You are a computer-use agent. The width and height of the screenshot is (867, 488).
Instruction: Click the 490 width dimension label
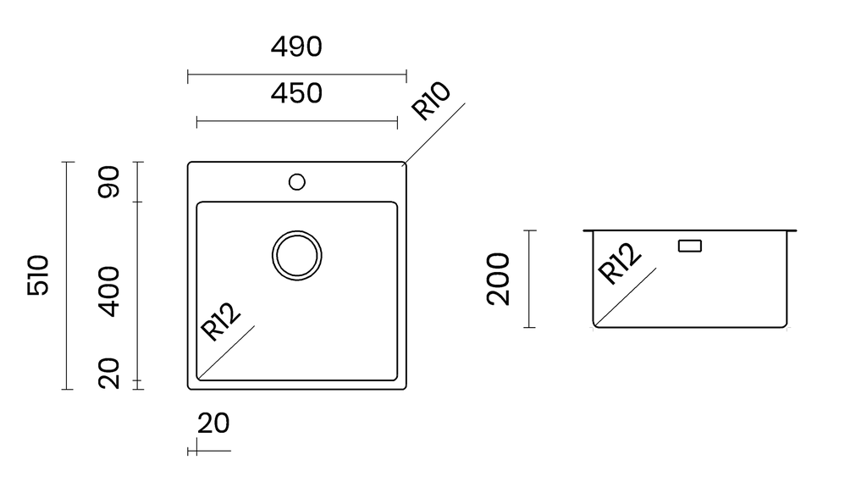[296, 47]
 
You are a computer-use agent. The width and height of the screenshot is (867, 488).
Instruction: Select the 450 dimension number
[296, 93]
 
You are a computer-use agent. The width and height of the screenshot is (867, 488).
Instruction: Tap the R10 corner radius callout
[431, 101]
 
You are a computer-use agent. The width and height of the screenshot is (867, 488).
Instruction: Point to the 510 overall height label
[38, 275]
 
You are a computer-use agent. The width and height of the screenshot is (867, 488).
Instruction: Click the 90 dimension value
[108, 181]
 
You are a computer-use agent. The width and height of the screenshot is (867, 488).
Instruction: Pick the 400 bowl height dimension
[108, 291]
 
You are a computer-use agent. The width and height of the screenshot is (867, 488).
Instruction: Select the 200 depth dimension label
[498, 279]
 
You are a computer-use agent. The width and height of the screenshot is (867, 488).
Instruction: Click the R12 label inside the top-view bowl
[220, 321]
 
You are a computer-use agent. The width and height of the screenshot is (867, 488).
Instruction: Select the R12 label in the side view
[620, 264]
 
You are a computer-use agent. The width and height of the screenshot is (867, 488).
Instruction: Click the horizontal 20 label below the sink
[213, 424]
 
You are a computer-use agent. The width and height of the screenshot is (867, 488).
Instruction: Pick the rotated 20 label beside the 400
[108, 374]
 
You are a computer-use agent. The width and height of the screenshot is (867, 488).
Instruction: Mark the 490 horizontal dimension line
[297, 75]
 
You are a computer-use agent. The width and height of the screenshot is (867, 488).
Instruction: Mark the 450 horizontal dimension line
[297, 121]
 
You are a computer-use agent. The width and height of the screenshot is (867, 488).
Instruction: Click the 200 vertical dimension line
[530, 279]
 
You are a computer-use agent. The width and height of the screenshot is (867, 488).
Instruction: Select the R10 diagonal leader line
[435, 133]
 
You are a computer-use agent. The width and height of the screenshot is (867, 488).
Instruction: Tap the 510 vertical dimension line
[68, 275]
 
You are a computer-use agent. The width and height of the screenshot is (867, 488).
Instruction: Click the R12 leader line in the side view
[626, 297]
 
